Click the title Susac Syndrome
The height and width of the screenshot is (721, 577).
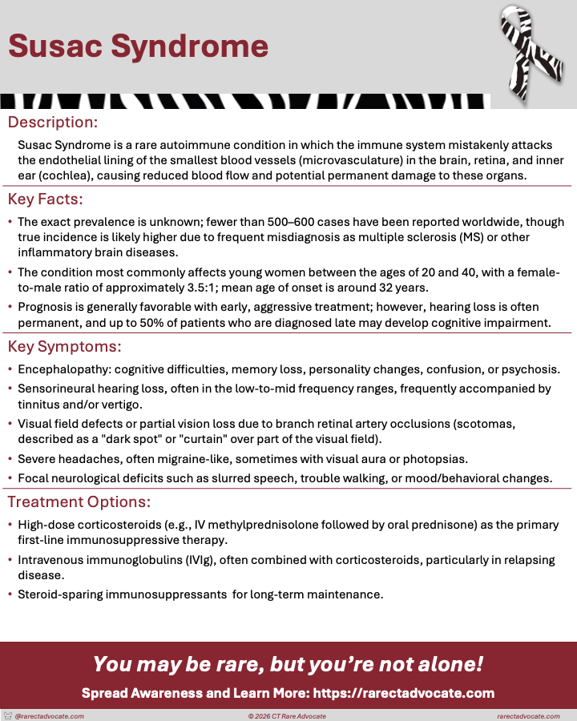coord(138,46)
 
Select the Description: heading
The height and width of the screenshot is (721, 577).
coord(53,123)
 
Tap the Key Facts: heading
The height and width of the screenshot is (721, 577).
coord(46,199)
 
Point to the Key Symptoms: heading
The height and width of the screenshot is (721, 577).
coord(64,346)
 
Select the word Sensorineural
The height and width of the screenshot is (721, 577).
coord(57,389)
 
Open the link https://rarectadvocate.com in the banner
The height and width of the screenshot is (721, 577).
coord(405,693)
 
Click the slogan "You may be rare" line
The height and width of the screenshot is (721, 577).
coord(288,664)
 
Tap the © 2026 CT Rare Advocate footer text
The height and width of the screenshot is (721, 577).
coord(288,715)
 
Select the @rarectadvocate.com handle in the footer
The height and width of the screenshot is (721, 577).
coord(49,715)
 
